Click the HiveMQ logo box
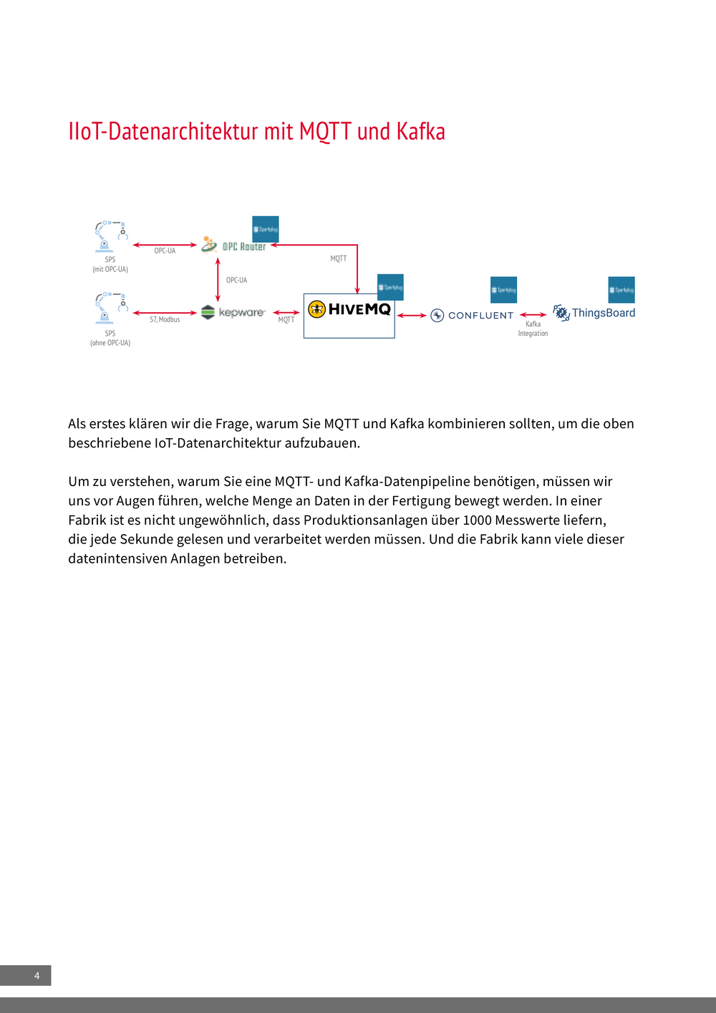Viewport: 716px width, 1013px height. [349, 315]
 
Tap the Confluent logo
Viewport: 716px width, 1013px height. [473, 315]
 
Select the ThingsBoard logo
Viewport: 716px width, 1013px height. [594, 313]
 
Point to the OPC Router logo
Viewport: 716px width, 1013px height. [234, 246]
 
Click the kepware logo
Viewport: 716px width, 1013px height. [233, 312]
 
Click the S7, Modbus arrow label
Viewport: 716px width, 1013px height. [165, 319]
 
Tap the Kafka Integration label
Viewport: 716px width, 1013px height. [533, 329]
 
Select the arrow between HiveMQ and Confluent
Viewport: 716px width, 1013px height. [412, 315]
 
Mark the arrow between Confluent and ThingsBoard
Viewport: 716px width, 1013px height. [533, 314]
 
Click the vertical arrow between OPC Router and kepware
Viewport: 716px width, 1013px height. [218, 280]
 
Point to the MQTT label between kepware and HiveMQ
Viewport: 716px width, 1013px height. [286, 320]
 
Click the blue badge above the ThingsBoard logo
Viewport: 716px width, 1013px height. [621, 289]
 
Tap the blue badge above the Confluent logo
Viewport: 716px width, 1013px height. [503, 289]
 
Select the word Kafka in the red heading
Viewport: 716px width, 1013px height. [421, 132]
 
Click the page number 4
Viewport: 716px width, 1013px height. [37, 976]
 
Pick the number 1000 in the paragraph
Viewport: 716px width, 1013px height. [477, 520]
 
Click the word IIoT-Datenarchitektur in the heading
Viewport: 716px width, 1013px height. [163, 132]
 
